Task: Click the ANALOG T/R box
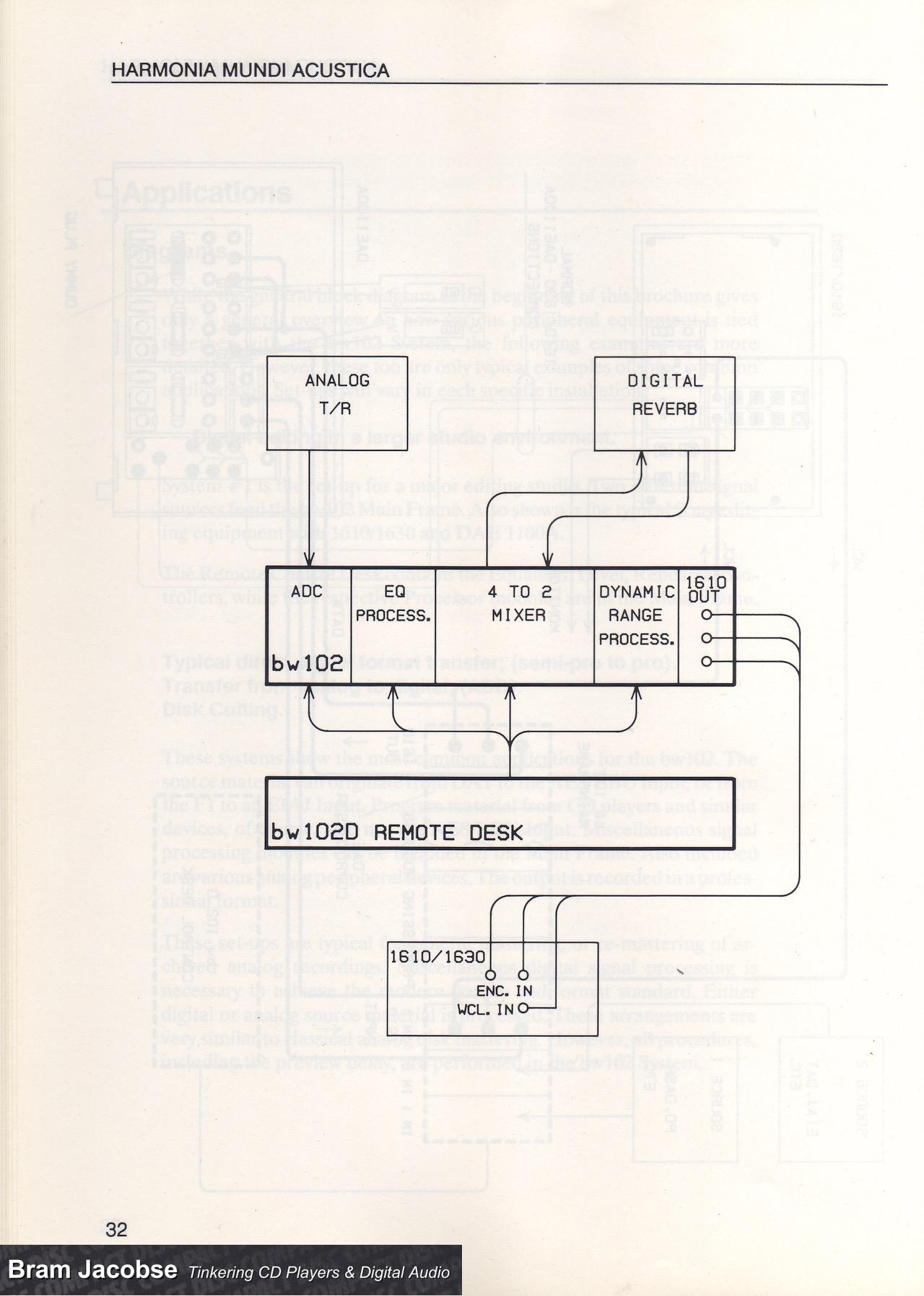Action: (x=337, y=403)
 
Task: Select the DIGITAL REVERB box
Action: (x=664, y=403)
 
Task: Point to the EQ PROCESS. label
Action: (x=393, y=604)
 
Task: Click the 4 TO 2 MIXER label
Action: (x=518, y=604)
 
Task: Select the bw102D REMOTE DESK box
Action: (x=500, y=812)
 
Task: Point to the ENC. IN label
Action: (x=504, y=991)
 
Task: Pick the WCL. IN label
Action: (x=486, y=1009)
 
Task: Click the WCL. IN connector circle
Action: (x=523, y=1009)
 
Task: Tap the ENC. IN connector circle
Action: (x=523, y=975)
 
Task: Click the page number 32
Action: (x=116, y=1229)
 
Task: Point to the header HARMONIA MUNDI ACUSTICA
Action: (x=251, y=71)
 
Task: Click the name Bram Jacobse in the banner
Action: (x=92, y=1269)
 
